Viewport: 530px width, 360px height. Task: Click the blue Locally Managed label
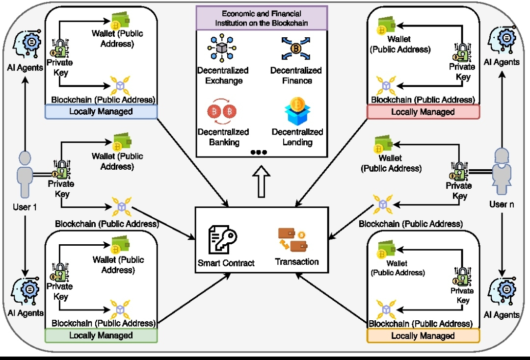(101, 112)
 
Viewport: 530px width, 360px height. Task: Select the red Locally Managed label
(423, 112)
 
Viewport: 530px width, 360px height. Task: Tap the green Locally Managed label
(101, 335)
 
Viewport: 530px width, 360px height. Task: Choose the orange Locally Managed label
(423, 336)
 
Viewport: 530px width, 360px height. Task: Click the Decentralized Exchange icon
(223, 48)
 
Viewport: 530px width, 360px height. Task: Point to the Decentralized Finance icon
(296, 48)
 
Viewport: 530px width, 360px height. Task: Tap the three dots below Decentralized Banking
(259, 153)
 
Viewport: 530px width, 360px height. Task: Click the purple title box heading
(261, 18)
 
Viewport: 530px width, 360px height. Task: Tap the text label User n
(502, 204)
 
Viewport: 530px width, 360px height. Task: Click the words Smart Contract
(226, 263)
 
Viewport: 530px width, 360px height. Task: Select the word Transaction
(297, 262)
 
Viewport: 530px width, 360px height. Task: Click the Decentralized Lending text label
(297, 137)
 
